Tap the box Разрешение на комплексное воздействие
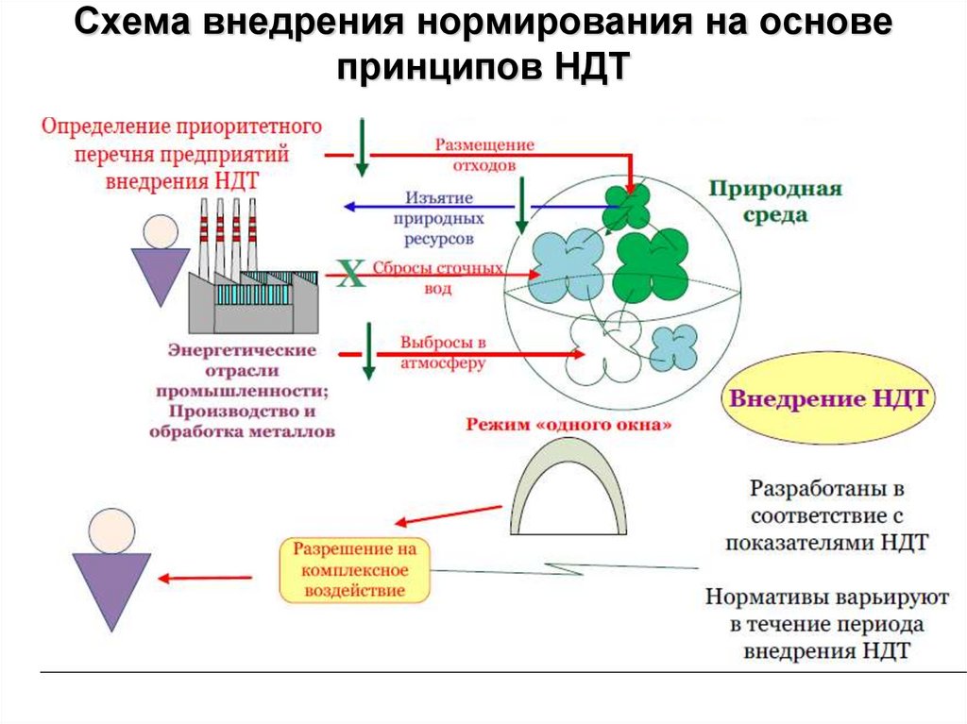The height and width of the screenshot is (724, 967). [x=354, y=570]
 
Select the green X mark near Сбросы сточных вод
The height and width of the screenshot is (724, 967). [x=350, y=276]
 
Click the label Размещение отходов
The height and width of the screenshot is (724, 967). [x=483, y=154]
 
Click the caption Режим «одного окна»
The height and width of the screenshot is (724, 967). [x=568, y=425]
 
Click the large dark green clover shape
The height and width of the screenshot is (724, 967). [x=652, y=267]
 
